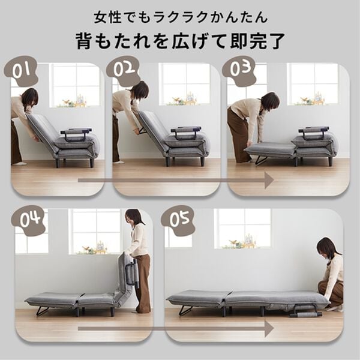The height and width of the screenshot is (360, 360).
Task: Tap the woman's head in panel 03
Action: pos(270,100)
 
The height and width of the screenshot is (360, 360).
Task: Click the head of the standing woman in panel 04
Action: pos(134,217)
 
